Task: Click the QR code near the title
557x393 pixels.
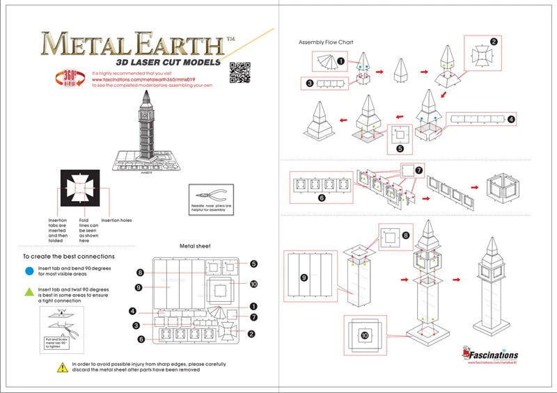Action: click(239, 72)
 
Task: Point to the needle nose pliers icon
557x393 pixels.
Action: click(207, 197)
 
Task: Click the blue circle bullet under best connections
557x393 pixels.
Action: click(29, 271)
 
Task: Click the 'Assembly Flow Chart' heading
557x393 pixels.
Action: click(326, 42)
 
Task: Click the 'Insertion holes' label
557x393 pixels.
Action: click(116, 220)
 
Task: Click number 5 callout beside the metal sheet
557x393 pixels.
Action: click(254, 264)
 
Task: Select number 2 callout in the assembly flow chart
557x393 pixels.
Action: click(493, 42)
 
